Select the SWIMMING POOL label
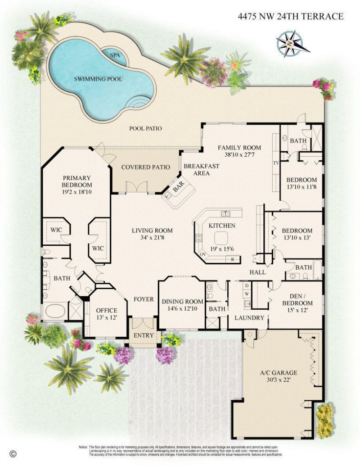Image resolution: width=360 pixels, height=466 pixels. click(98, 79)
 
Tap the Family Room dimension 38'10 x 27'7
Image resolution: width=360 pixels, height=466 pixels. click(239, 154)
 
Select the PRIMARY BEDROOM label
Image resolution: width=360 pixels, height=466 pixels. click(77, 181)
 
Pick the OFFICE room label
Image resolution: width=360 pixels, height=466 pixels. click(107, 311)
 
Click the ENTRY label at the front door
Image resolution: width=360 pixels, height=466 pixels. click(144, 335)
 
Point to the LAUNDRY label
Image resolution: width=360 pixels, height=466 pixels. click(249, 318)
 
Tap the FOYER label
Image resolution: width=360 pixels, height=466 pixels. click(144, 299)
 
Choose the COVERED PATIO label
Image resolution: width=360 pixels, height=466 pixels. click(145, 167)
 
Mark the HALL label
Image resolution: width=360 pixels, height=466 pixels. click(257, 272)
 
